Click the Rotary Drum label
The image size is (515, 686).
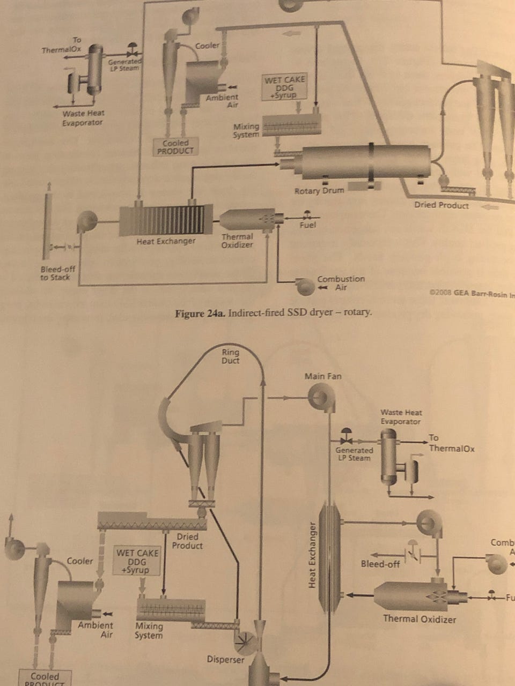pos(319,191)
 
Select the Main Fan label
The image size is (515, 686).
pos(323,376)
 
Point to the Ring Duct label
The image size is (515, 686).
pos(231,356)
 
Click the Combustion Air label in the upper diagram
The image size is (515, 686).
pos(341,283)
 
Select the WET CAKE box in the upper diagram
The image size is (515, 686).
pos(284,87)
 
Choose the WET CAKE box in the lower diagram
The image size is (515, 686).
pos(137,561)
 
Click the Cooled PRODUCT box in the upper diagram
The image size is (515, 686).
pos(175,147)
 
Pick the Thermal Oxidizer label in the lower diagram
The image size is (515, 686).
pos(420,619)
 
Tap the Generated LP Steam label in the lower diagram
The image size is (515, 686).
pos(354,454)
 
